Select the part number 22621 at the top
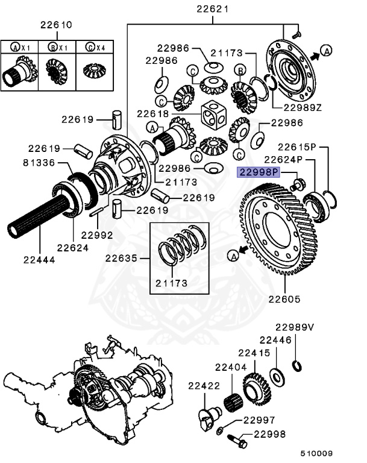click(x=213, y=9)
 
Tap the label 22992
click(x=97, y=235)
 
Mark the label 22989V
click(x=295, y=327)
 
